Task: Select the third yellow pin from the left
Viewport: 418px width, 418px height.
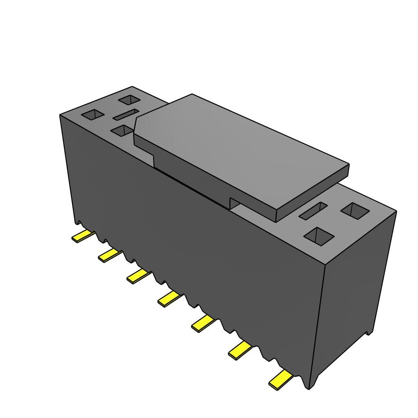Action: (x=138, y=276)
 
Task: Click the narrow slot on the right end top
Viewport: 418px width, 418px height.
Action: (x=313, y=210)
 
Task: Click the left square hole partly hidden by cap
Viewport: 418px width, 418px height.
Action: (x=122, y=131)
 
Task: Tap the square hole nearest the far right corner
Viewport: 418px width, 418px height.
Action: (x=355, y=211)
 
